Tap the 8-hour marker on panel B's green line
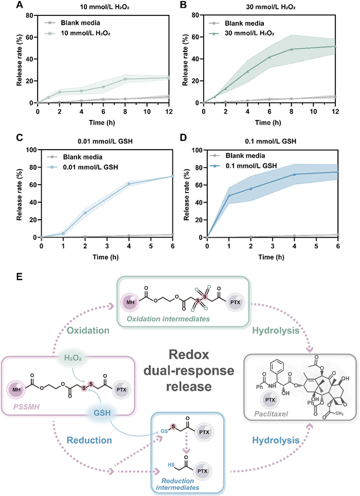tap(292, 49)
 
